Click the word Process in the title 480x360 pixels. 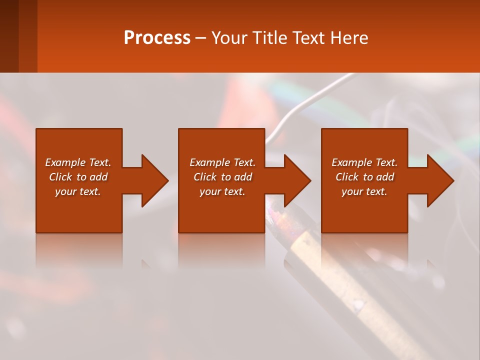(x=157, y=38)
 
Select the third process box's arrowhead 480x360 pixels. (x=439, y=180)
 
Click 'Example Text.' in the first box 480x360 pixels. (x=78, y=162)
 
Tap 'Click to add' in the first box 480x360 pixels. (x=78, y=177)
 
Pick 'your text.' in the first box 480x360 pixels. (x=78, y=191)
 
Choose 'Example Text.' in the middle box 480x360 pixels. (x=222, y=162)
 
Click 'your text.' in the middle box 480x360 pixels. (x=222, y=191)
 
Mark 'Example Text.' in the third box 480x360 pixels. (x=364, y=162)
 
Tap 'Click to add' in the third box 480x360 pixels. (x=364, y=177)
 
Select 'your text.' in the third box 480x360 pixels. (x=364, y=191)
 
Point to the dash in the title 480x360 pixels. (x=200, y=38)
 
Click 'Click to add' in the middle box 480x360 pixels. (x=222, y=177)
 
